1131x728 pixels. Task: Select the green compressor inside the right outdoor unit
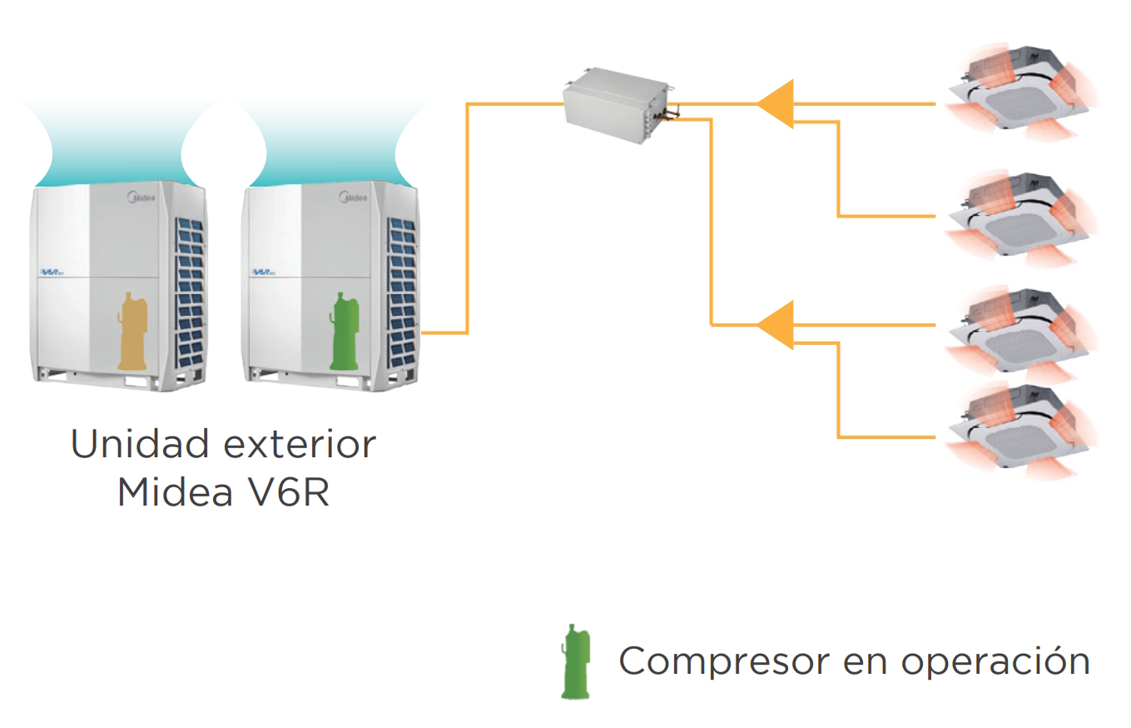[x=343, y=331]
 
